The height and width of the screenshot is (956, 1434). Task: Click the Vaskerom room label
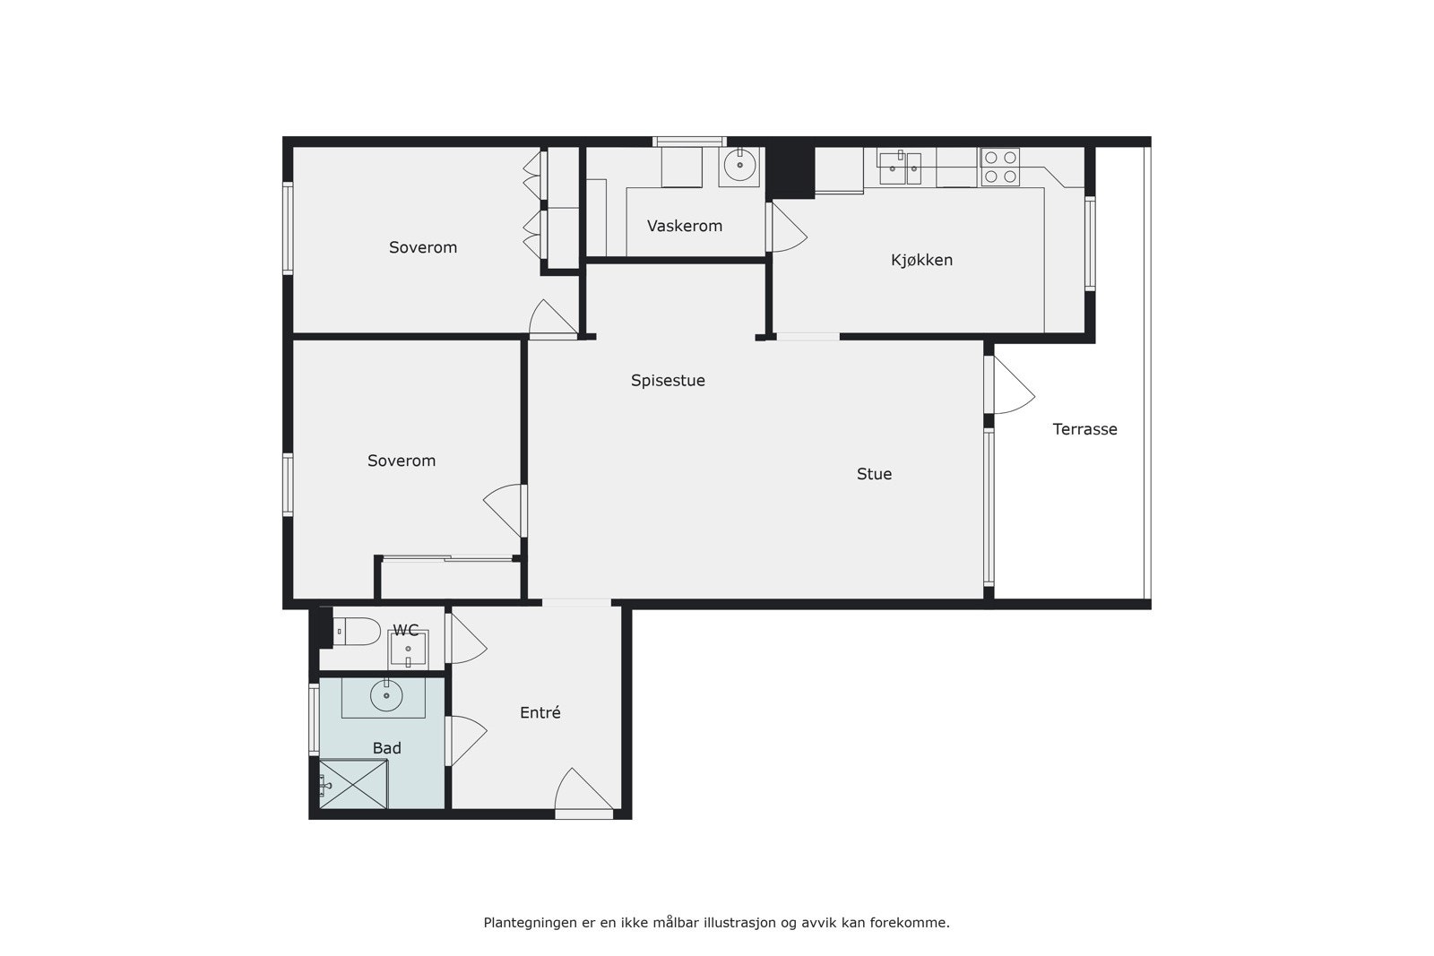pos(684,226)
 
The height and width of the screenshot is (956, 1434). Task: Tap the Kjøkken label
pos(921,260)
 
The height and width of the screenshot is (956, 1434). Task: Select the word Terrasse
pos(1084,429)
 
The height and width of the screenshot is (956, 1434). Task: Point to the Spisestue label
pos(668,381)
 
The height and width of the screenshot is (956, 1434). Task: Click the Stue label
pos(874,474)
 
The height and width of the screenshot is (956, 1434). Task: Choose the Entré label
pos(540,713)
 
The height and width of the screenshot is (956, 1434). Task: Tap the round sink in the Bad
pos(386,695)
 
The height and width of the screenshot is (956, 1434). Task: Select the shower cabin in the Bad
pos(353,784)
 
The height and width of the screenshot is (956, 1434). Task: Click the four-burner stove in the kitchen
pos(999,167)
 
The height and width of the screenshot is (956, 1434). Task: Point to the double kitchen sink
pos(900,168)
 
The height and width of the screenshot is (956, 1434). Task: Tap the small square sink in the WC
pos(408,649)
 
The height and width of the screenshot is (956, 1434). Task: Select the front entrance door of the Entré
pos(583,794)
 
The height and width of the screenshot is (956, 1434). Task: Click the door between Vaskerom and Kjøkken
pos(786,228)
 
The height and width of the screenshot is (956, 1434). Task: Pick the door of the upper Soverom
pos(553,320)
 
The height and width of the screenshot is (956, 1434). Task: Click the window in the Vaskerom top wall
pos(688,141)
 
